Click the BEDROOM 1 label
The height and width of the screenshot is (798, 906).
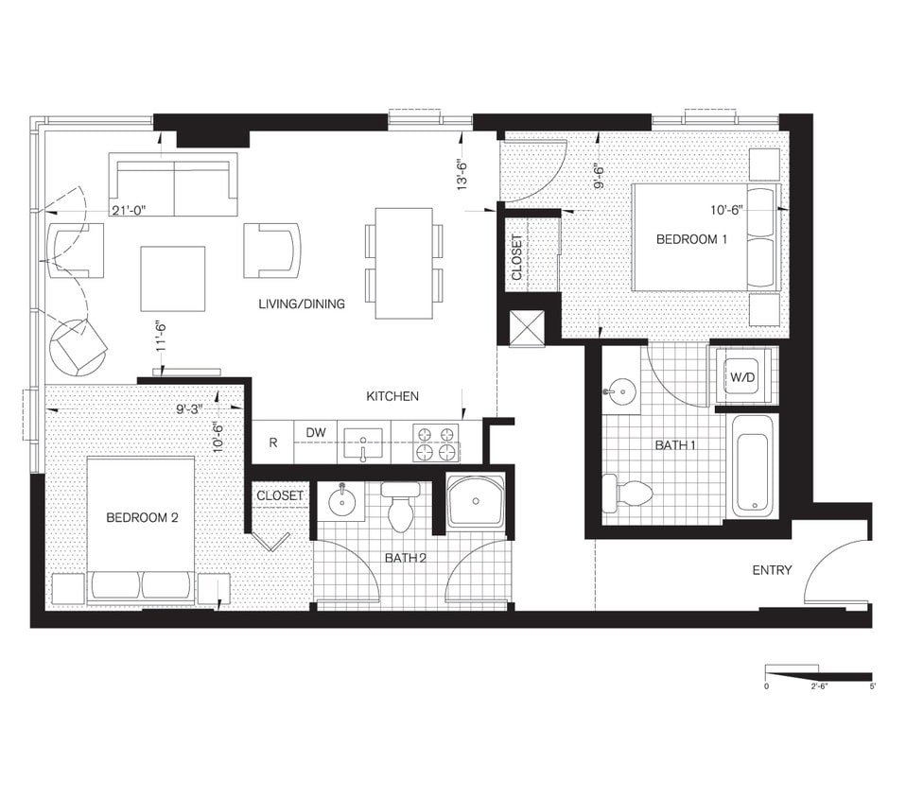click(691, 239)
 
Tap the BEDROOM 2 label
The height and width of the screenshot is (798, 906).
click(142, 517)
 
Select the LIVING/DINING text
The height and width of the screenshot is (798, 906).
click(302, 304)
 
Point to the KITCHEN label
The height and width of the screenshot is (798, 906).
click(392, 396)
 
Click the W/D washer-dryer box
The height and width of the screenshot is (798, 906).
click(742, 378)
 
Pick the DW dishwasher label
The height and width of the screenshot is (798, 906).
click(316, 433)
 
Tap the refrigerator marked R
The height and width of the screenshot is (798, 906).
click(273, 442)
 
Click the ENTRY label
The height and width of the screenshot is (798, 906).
click(772, 570)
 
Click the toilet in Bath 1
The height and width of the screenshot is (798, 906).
click(627, 493)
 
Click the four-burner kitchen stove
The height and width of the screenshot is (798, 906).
click(437, 442)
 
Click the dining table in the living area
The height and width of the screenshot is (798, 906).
click(404, 263)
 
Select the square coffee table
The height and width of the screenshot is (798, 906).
click(173, 278)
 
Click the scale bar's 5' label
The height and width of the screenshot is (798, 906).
click(872, 686)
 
